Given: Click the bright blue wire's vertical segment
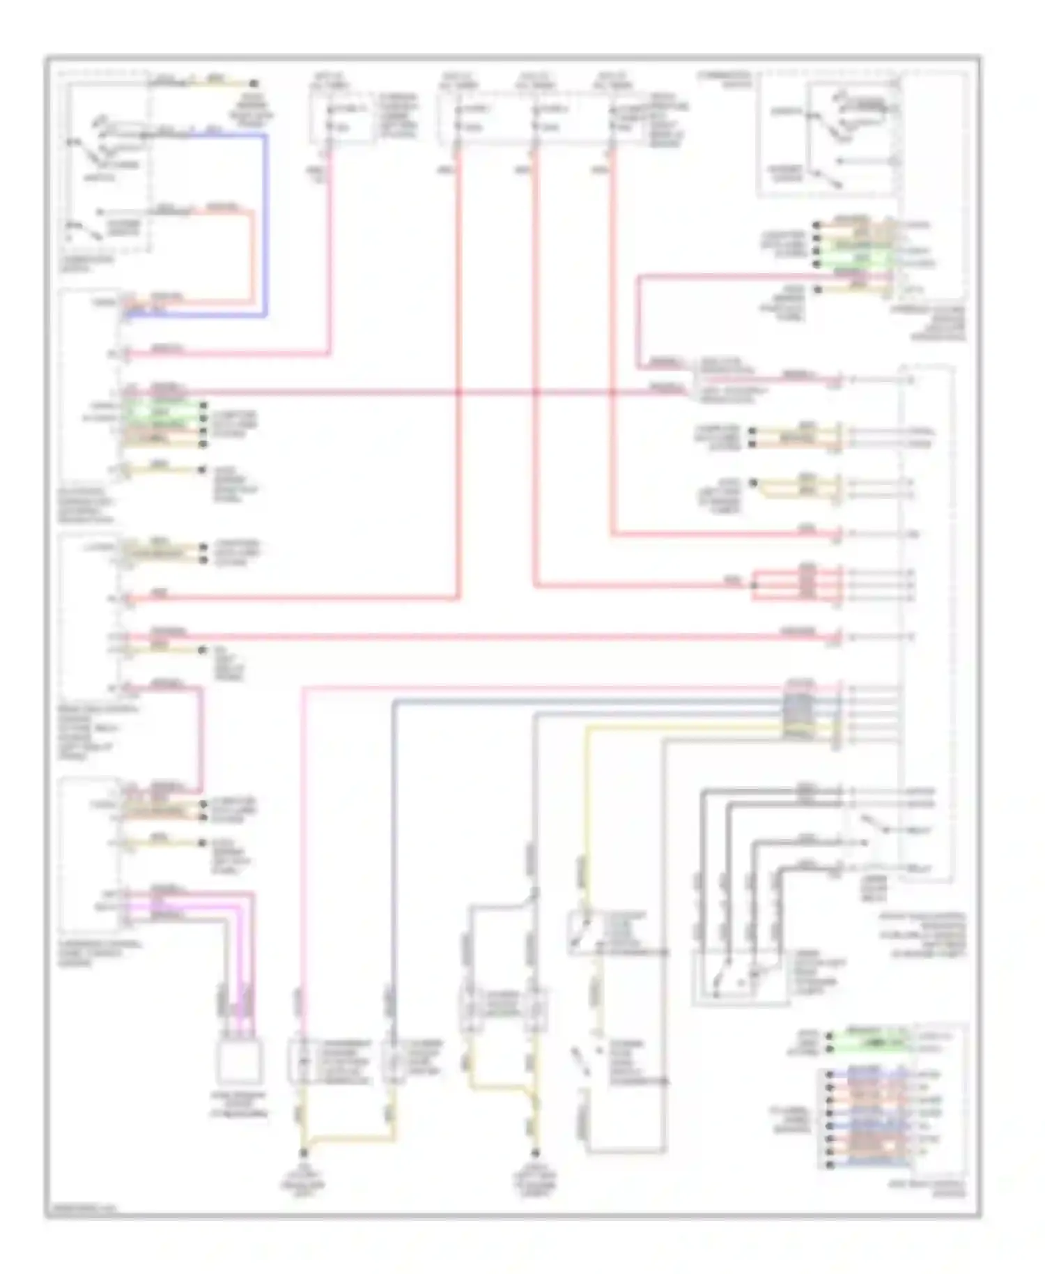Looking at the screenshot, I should pos(265,223).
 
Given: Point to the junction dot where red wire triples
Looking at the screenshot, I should pos(754,585).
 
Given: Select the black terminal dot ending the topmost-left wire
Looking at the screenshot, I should pos(254,82).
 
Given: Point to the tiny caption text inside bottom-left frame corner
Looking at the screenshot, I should pos(81,1209).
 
